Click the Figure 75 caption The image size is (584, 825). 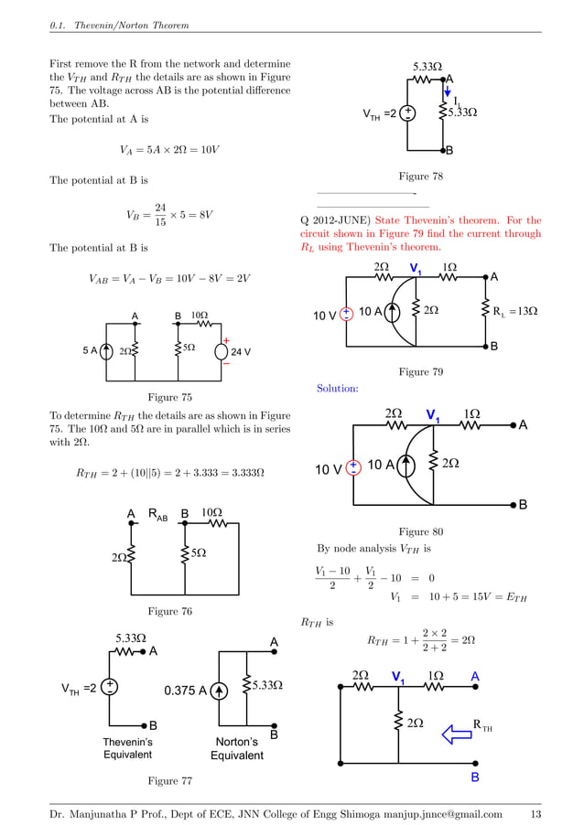point(170,397)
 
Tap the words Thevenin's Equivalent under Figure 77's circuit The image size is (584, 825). point(127,748)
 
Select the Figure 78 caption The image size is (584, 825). point(421,177)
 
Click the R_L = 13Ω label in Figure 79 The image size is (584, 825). point(514,312)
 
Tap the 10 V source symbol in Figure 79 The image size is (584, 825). point(347,314)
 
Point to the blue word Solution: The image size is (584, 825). point(337,389)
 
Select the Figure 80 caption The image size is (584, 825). point(421,531)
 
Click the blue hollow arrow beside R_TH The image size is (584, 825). point(453,732)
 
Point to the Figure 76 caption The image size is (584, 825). point(170,610)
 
